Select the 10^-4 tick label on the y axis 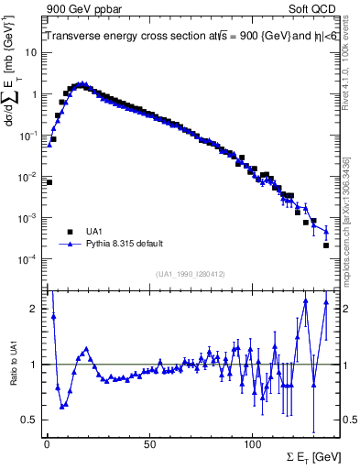[x=27, y=259]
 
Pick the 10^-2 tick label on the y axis [x=27, y=177]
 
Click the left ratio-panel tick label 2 [x=33, y=309]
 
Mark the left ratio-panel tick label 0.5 [x=29, y=420]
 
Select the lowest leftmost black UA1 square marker [x=49, y=182]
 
